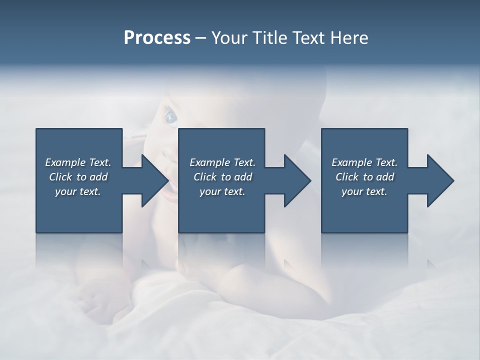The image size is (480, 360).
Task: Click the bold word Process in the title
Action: coord(157,38)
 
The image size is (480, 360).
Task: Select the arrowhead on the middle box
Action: coord(296,180)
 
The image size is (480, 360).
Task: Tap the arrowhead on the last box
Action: coord(439,180)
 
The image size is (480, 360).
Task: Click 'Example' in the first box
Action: coord(65,162)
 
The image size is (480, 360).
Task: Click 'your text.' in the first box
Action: coord(78,192)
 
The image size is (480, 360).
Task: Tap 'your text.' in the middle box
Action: coord(222,192)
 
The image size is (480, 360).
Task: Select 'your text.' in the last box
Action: coord(364,192)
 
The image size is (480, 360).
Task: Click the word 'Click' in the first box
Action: coord(60,177)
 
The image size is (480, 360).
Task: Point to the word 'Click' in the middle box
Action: coord(205,177)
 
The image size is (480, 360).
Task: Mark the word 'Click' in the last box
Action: coord(347,177)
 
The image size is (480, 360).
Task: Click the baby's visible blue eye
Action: coord(171,117)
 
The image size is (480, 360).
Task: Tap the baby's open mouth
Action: coord(170,192)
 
